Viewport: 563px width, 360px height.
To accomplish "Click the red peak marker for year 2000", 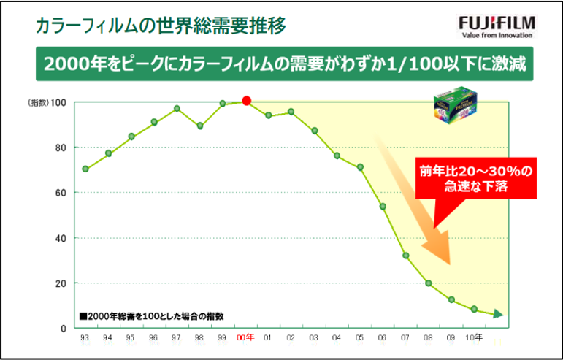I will coord(246,101).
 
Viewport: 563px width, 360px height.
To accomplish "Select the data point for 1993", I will coord(85,169).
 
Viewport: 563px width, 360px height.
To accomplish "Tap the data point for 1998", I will coord(200,126).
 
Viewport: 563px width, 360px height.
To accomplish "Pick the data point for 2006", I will coord(383,206).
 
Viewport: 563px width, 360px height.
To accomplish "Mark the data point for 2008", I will coord(429,283).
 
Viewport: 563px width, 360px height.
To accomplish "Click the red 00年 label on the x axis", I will coord(245,337).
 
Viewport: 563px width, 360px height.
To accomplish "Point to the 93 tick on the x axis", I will coord(85,338).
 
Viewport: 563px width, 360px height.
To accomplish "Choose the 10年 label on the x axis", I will coord(474,337).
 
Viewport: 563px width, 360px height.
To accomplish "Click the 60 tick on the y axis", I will coord(60,193).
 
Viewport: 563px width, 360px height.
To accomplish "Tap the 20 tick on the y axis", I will coord(60,283).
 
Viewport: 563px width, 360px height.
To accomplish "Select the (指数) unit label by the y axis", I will coord(38,102).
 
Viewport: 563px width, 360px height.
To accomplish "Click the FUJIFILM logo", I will coord(497,20).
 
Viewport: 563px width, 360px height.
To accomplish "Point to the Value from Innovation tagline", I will coord(497,34).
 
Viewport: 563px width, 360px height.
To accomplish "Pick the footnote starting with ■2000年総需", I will coord(151,316).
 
